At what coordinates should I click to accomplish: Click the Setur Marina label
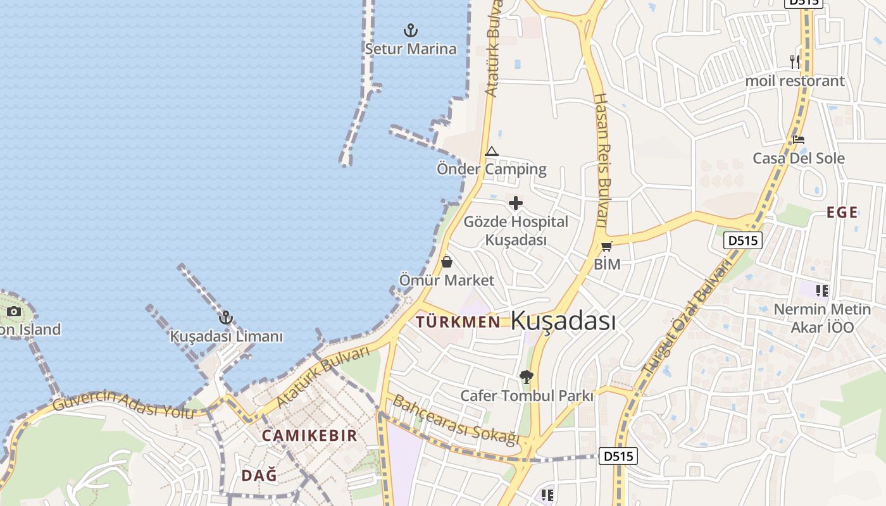point(411,49)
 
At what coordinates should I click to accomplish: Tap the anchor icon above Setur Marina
point(411,30)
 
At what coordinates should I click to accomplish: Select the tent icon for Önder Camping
point(492,152)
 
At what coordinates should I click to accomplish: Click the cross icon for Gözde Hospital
point(516,203)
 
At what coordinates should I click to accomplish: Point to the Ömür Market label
point(447,280)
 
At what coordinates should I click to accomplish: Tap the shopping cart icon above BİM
point(606,246)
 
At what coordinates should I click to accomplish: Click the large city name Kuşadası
point(563,321)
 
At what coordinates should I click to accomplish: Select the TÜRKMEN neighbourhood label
point(458,321)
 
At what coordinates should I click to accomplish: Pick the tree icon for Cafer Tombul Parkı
point(526,377)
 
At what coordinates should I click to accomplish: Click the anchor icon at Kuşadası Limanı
point(226,318)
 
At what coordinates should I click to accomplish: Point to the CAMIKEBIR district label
point(309,435)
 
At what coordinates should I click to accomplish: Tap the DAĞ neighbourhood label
point(259,475)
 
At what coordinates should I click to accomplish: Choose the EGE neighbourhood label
point(842,213)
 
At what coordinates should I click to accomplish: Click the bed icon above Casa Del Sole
point(799,140)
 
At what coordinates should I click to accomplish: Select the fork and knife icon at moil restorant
point(795,61)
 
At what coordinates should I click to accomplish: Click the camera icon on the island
point(13,311)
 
